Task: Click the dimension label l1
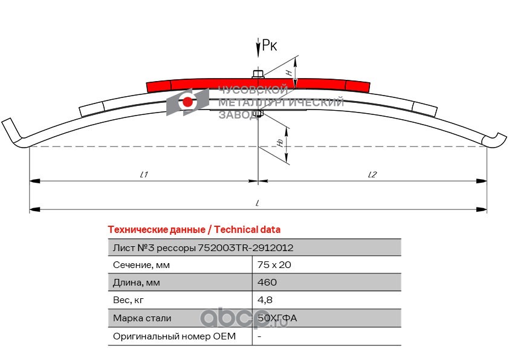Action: (144, 174)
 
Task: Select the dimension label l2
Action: (372, 174)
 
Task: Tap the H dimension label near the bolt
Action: (289, 72)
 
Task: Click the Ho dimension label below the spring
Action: (280, 142)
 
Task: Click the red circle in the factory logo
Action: (188, 102)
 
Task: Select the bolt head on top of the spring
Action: (258, 74)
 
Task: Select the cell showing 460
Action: (267, 283)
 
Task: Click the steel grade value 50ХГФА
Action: (277, 318)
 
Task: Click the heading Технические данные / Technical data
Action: (194, 229)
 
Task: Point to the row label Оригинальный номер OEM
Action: (174, 336)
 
